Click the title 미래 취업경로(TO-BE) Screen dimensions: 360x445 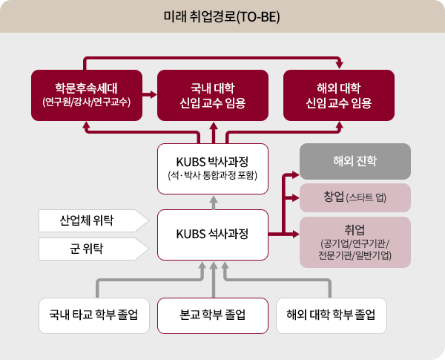222,16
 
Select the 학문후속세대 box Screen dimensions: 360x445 87,94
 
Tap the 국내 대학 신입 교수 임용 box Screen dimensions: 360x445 213,94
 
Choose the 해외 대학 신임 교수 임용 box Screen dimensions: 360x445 339,94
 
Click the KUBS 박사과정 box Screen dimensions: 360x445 213,167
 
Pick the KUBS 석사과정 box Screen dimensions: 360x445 213,235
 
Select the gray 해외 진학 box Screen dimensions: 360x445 355,161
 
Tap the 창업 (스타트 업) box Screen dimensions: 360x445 355,197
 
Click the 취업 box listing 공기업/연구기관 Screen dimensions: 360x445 355,242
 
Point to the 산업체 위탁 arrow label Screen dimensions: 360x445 88,220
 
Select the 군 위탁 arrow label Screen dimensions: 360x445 88,249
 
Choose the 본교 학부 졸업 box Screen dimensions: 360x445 213,315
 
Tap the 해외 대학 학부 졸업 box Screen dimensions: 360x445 331,315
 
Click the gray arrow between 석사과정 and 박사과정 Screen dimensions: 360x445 213,200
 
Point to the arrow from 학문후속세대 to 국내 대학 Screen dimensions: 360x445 149,94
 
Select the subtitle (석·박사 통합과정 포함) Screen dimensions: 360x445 213,176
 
